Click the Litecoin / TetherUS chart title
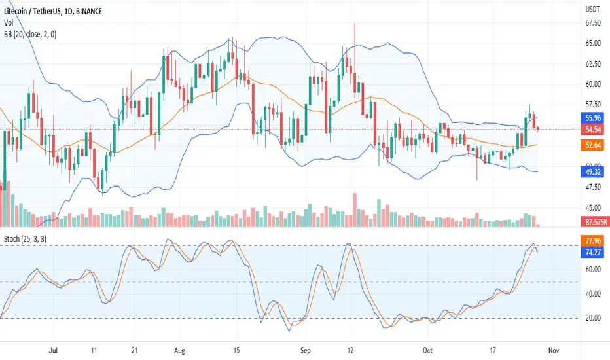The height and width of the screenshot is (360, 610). point(53,11)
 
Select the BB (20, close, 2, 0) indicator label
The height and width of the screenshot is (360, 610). point(30,34)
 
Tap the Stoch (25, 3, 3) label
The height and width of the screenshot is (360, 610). point(25,238)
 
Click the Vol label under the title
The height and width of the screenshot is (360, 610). point(9,23)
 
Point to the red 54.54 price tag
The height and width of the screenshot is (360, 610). point(592,129)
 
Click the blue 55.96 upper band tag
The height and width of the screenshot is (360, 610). point(592,118)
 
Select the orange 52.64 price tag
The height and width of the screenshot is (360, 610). point(592,145)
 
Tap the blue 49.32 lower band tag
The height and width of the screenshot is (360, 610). point(592,171)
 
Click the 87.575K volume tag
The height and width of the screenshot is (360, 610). point(596,222)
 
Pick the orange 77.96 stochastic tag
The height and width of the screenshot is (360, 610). point(592,241)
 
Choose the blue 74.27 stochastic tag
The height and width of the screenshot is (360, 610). point(592,252)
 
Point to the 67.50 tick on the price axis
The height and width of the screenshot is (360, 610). point(593,23)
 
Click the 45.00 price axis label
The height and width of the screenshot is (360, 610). point(593,208)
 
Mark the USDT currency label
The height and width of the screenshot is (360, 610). point(592,10)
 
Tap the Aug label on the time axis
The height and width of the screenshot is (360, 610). point(179,351)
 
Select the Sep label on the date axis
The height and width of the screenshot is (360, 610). point(306,351)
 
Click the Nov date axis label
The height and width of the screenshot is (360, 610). point(554,351)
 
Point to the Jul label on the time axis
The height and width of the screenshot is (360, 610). point(53,351)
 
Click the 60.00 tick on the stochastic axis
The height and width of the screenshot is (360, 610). point(593,269)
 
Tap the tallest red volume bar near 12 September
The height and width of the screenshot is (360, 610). point(354,209)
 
